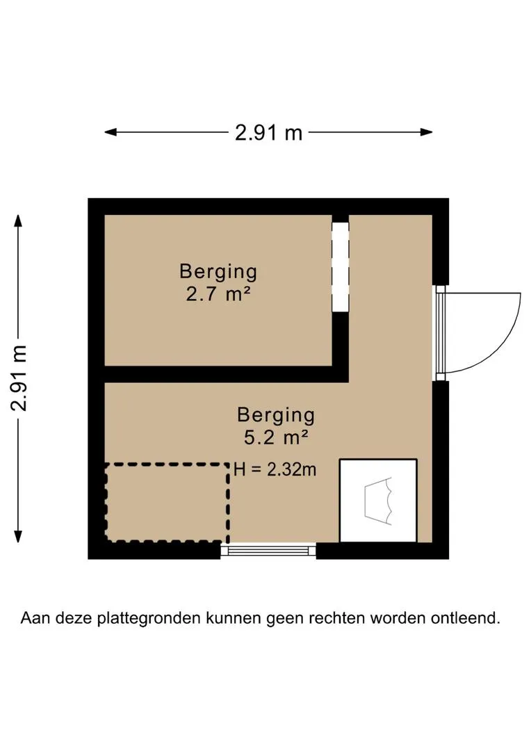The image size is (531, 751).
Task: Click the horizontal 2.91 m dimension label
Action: (268, 132)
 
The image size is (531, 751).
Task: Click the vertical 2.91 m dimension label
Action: (20, 378)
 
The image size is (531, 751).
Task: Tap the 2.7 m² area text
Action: (218, 294)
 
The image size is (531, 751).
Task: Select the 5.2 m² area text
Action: (276, 438)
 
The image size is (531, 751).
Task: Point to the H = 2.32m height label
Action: (275, 470)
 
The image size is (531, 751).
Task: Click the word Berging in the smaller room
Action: (218, 270)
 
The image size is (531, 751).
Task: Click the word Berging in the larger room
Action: (276, 415)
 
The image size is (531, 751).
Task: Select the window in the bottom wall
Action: (268, 550)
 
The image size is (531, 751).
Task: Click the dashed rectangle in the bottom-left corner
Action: (167, 502)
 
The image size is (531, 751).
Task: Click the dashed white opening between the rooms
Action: (340, 267)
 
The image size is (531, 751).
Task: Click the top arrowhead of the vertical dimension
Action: (19, 220)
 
